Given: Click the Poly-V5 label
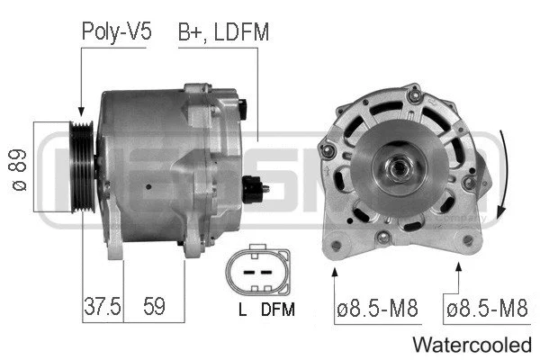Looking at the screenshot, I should click(x=117, y=32).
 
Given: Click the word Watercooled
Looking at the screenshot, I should click(x=472, y=345).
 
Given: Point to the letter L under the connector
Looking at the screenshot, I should click(x=242, y=310).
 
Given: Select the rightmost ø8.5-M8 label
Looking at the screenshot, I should click(x=486, y=310).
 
